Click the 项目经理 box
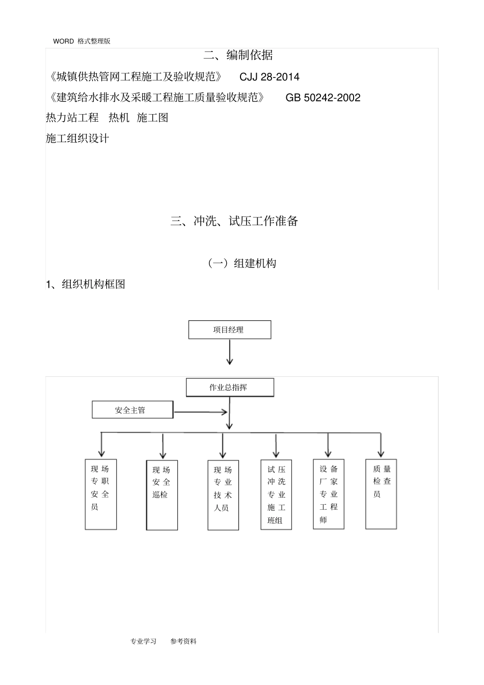230,330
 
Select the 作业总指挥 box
230,387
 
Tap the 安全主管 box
132,410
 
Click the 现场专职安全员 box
101,494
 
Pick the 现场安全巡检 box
162,495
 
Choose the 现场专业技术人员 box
223,495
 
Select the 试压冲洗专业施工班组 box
276,495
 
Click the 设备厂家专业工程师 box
329,494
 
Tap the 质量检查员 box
381,494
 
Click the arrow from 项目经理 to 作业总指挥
230,352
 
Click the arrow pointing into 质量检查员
381,445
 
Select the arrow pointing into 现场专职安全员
102,445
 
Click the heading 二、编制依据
238,55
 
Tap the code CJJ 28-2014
270,77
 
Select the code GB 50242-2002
323,98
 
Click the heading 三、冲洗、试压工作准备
234,221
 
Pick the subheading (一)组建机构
242,263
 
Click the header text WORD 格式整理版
82,41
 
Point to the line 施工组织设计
77,139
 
